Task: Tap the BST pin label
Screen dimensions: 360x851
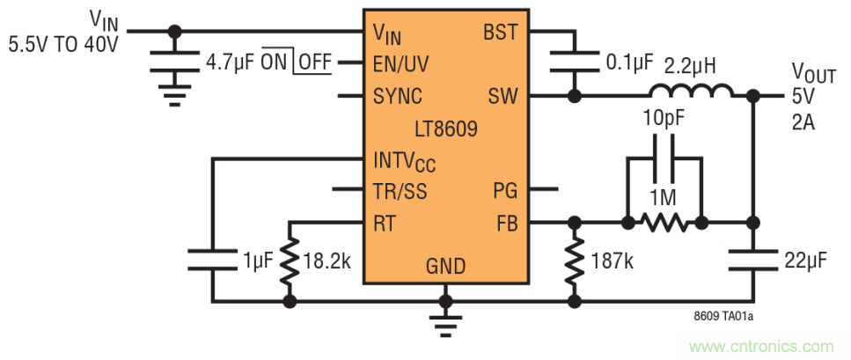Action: [500, 33]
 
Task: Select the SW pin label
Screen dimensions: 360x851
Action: [503, 95]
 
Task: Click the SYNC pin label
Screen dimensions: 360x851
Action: [398, 95]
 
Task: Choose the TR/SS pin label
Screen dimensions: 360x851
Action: [400, 190]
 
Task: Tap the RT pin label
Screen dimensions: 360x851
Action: [384, 223]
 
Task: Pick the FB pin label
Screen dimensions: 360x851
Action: [505, 223]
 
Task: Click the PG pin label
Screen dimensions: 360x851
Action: [504, 190]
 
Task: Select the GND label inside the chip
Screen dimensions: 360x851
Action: [445, 267]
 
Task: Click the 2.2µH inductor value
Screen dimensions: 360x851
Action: [693, 65]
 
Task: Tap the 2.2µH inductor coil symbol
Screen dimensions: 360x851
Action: [691, 91]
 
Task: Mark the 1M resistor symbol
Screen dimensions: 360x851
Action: [664, 223]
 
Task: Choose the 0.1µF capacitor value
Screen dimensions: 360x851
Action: [629, 63]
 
